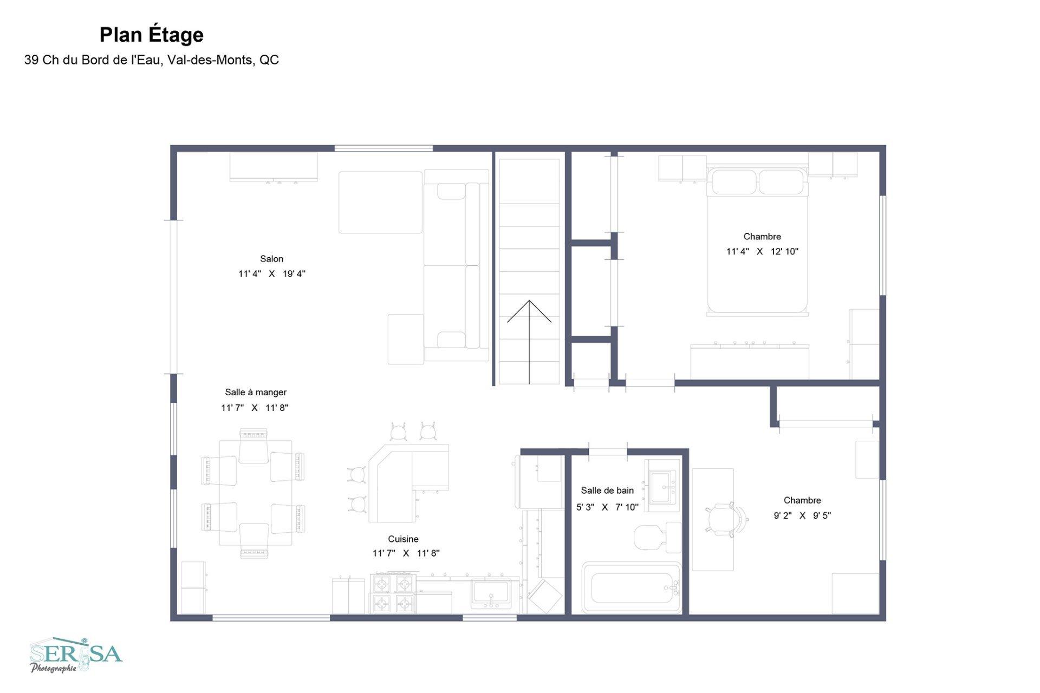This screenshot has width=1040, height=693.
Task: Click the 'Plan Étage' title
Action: (152, 35)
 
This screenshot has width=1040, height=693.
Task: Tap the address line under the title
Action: (152, 60)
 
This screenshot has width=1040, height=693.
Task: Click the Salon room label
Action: (271, 259)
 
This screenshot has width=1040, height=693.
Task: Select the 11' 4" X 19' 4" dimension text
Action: (272, 274)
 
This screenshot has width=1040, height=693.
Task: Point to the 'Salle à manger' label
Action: (256, 393)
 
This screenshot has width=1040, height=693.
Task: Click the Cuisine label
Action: (403, 539)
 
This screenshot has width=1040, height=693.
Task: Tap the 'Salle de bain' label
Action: (607, 491)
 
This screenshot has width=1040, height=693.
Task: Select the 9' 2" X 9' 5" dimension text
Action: (802, 515)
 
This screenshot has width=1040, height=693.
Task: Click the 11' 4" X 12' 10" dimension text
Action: (762, 251)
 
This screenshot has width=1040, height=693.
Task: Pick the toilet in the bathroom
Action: (658, 537)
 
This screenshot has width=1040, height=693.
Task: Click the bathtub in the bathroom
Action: (632, 588)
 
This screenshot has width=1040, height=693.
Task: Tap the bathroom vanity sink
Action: (662, 486)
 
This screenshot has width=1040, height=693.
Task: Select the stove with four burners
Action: (393, 593)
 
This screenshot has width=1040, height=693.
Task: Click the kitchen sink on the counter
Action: (490, 592)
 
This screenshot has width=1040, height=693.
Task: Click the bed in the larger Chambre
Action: (757, 241)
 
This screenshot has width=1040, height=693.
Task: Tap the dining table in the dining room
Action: (256, 493)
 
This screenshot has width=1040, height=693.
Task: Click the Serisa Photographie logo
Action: (76, 655)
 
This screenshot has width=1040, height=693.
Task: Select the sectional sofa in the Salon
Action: (456, 265)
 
